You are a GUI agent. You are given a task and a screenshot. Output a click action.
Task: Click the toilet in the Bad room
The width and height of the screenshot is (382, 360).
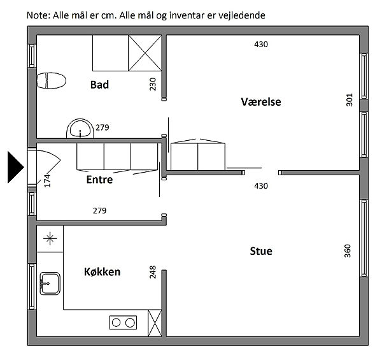[51, 80]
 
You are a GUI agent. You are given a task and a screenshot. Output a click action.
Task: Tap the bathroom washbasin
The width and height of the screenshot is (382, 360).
[80, 129]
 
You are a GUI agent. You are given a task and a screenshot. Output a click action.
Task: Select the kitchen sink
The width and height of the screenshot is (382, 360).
[50, 284]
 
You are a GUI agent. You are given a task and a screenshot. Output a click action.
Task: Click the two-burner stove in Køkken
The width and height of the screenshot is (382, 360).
[123, 322]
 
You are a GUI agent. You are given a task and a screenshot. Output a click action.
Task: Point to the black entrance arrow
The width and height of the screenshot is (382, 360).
[15, 167]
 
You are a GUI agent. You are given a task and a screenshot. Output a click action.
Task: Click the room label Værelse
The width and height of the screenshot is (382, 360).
[261, 102]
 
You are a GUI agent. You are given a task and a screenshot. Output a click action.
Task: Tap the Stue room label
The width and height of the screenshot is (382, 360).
[261, 251]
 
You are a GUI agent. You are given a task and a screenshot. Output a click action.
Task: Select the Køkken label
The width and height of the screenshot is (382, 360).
[102, 272]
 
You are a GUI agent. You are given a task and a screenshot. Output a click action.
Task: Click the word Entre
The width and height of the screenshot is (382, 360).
[99, 180]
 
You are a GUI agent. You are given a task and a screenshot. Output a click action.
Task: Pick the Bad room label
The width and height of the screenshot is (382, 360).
[99, 85]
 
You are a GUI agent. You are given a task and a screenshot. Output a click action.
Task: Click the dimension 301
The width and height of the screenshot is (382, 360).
[350, 99]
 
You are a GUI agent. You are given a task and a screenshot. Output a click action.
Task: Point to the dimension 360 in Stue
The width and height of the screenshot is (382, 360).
[348, 251]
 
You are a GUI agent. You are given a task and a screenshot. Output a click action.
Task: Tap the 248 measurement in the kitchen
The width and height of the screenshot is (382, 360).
[153, 272]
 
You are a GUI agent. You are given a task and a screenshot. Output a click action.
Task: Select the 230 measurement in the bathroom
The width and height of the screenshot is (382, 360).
[153, 84]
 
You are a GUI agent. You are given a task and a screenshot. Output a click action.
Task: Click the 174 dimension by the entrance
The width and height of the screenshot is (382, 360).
[47, 180]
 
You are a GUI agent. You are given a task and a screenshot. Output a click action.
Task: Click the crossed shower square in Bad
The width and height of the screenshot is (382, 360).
[145, 53]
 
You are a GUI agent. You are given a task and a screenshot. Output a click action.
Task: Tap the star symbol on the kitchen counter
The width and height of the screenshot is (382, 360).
[50, 238]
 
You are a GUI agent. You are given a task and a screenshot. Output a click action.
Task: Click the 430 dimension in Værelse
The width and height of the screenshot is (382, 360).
[261, 45]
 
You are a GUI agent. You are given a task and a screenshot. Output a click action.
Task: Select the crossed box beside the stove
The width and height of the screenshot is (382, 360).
[155, 323]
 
